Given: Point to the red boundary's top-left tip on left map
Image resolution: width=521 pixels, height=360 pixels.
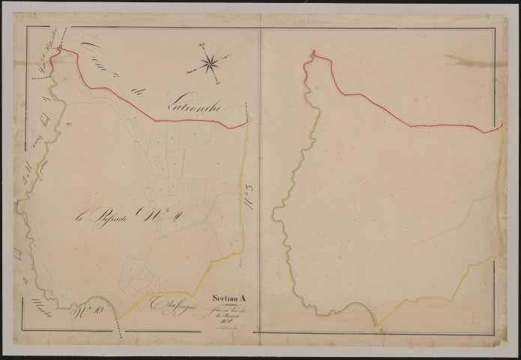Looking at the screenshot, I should click(x=59, y=49).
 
